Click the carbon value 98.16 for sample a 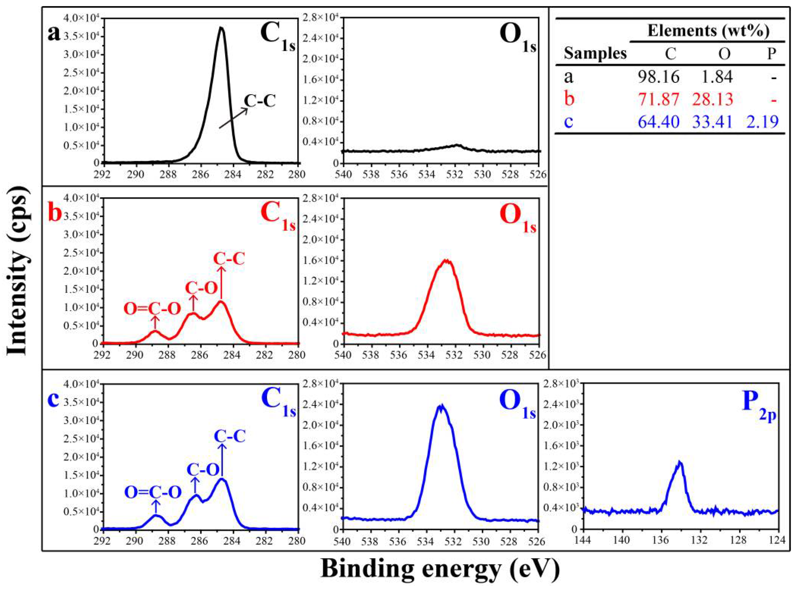click(x=658, y=77)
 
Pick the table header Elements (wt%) click(x=708, y=31)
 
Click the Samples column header click(x=595, y=53)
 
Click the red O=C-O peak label click(x=153, y=309)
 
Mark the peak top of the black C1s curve click(x=221, y=28)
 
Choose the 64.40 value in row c click(x=658, y=122)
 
